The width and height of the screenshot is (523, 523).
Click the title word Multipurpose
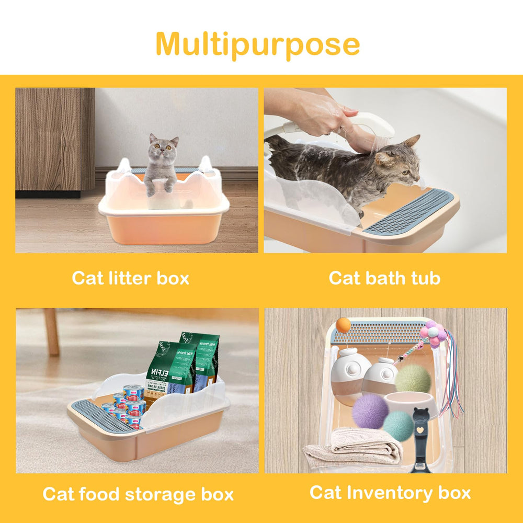(x=258, y=44)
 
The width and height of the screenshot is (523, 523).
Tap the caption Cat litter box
(x=130, y=278)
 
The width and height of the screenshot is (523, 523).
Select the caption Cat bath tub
(x=384, y=278)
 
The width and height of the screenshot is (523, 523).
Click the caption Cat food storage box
(x=138, y=494)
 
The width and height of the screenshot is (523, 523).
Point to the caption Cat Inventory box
(x=390, y=492)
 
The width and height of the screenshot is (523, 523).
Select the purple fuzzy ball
(x=370, y=411)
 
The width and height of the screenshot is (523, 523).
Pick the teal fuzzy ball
(x=398, y=426)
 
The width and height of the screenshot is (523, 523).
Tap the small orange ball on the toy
(x=343, y=325)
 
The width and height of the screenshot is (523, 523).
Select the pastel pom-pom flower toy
(x=433, y=333)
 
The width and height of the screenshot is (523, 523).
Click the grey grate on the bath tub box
(x=408, y=212)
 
